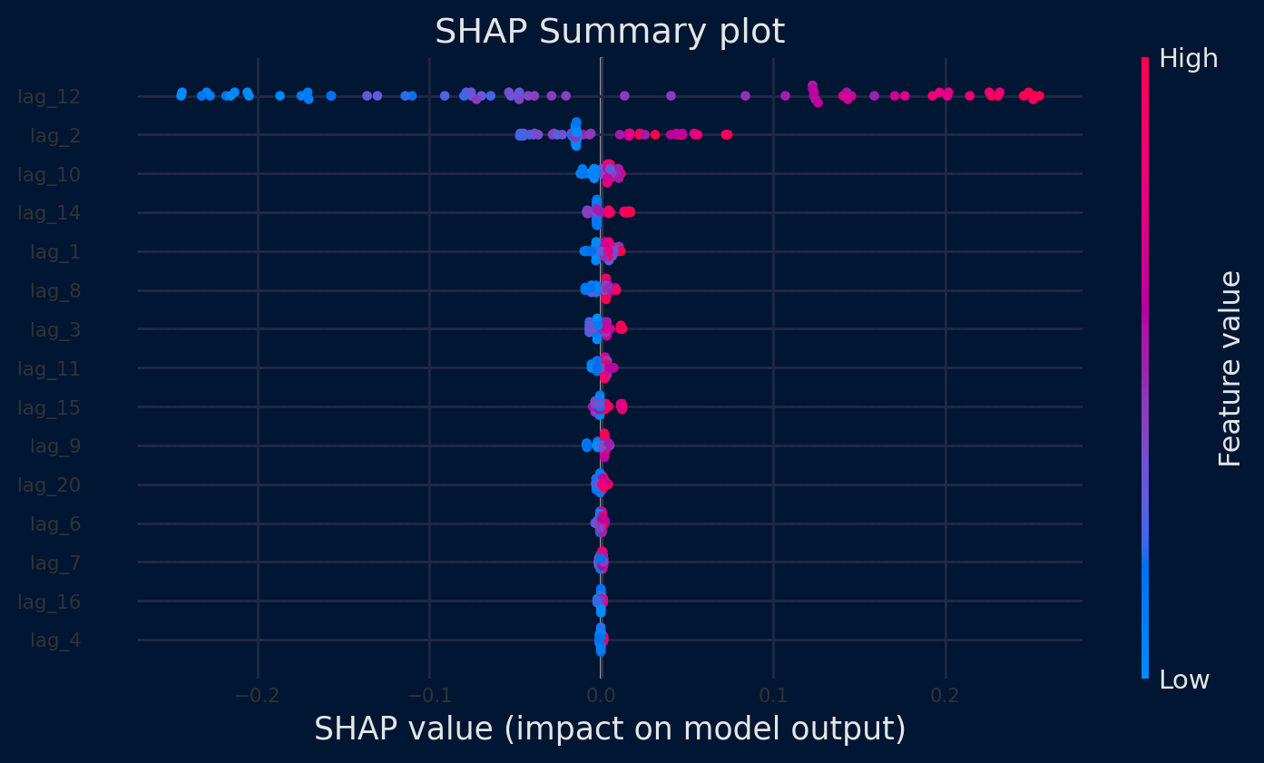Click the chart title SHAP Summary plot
609,32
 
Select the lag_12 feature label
49,96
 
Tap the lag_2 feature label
55,135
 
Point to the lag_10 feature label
49,174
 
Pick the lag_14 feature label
49,213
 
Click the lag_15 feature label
49,407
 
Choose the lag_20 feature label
49,484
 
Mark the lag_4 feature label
55,641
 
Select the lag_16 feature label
49,602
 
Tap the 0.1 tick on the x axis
773,696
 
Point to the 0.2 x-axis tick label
946,696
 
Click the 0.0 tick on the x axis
601,696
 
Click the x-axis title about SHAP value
610,729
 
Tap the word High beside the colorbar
1189,59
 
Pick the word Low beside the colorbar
1184,680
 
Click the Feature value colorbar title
1230,368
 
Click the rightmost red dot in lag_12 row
1039,95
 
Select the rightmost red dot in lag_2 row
727,135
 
